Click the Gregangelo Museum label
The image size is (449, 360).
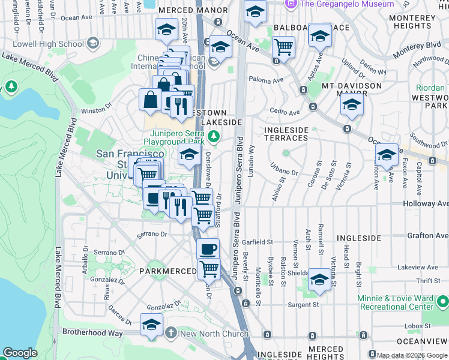coord(346,4)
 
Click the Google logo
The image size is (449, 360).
coord(20,353)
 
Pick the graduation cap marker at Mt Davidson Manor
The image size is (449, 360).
coord(352,105)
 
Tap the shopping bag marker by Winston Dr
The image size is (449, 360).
coord(150,100)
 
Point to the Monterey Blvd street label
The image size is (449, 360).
coord(417,50)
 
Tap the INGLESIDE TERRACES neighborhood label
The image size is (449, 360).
coord(286,134)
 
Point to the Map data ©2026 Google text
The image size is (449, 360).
coord(411,355)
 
